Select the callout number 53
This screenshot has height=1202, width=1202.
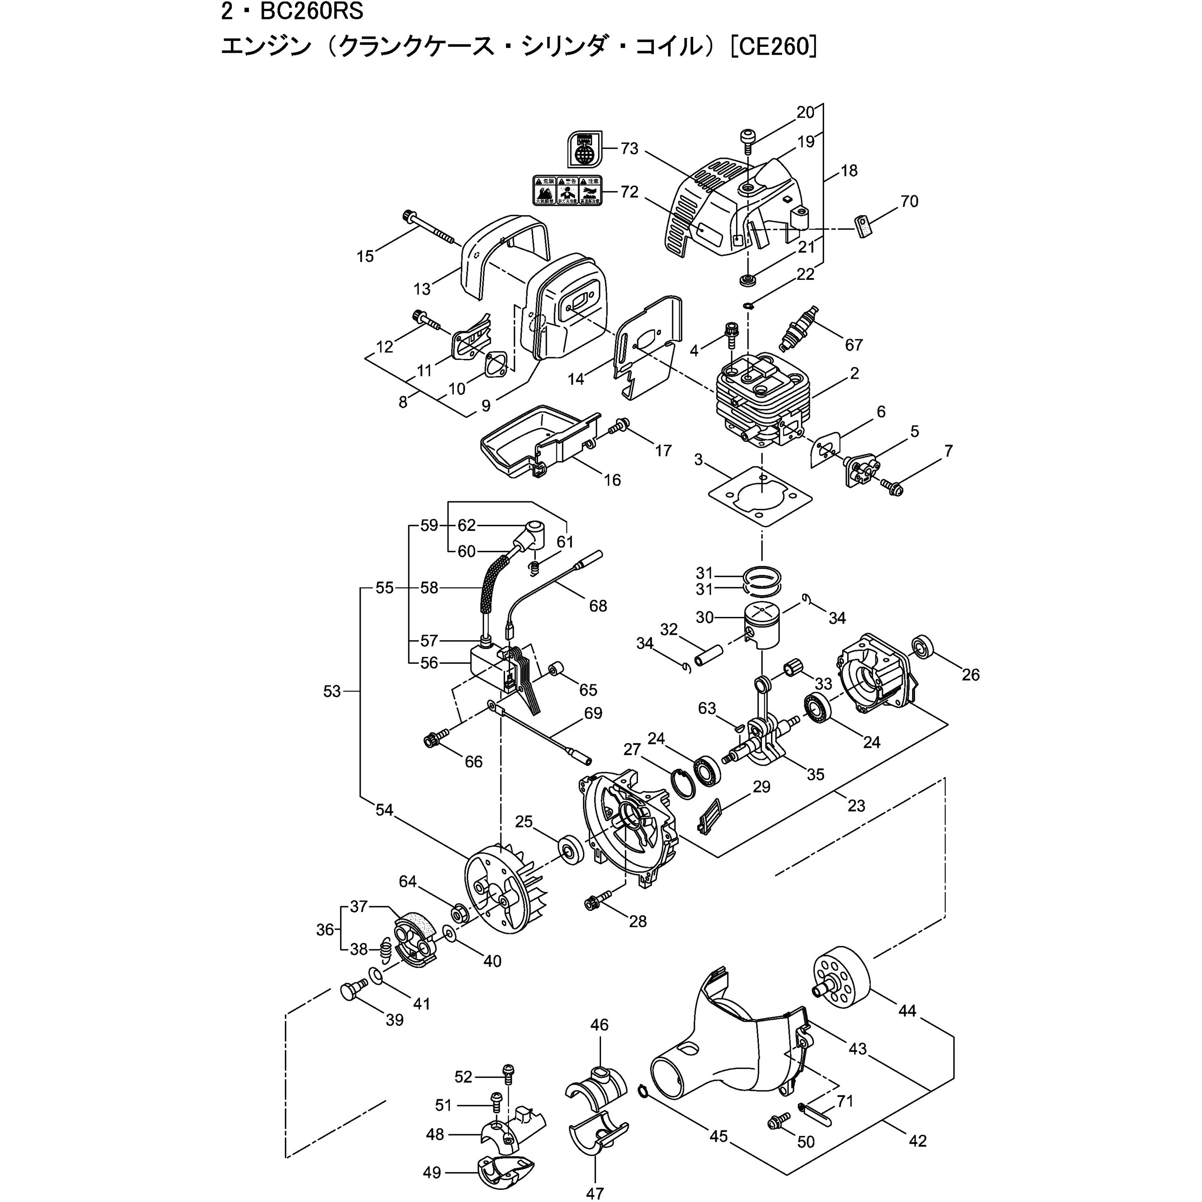click(332, 691)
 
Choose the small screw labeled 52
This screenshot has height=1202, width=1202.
click(508, 1070)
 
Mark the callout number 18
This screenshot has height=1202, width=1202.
click(848, 170)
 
